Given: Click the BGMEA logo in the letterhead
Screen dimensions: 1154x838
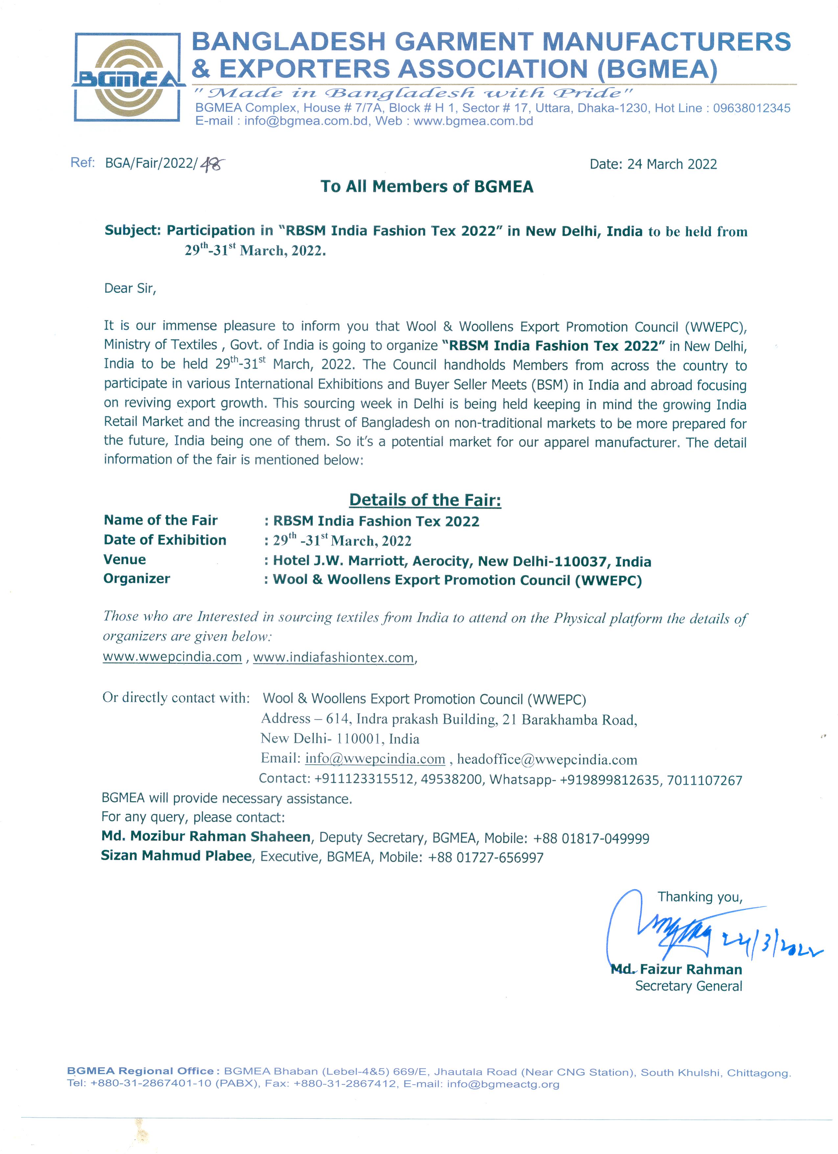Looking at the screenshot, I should pyautogui.click(x=128, y=77).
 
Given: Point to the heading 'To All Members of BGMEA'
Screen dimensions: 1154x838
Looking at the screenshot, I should pyautogui.click(x=427, y=187).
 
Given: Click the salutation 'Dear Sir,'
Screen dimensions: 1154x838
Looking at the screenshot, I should pyautogui.click(x=130, y=289).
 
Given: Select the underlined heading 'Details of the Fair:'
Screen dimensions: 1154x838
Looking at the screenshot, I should pyautogui.click(x=425, y=500).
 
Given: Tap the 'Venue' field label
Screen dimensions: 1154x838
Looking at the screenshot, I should pyautogui.click(x=125, y=560).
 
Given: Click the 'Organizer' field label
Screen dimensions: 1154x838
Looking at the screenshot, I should pyautogui.click(x=137, y=579).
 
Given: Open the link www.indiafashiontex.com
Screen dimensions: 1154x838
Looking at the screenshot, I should pyautogui.click(x=334, y=658).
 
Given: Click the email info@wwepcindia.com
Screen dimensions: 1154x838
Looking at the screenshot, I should pyautogui.click(x=375, y=759).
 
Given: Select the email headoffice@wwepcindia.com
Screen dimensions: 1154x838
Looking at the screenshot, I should pyautogui.click(x=547, y=760).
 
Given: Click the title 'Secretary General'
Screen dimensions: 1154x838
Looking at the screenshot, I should pyautogui.click(x=688, y=986).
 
